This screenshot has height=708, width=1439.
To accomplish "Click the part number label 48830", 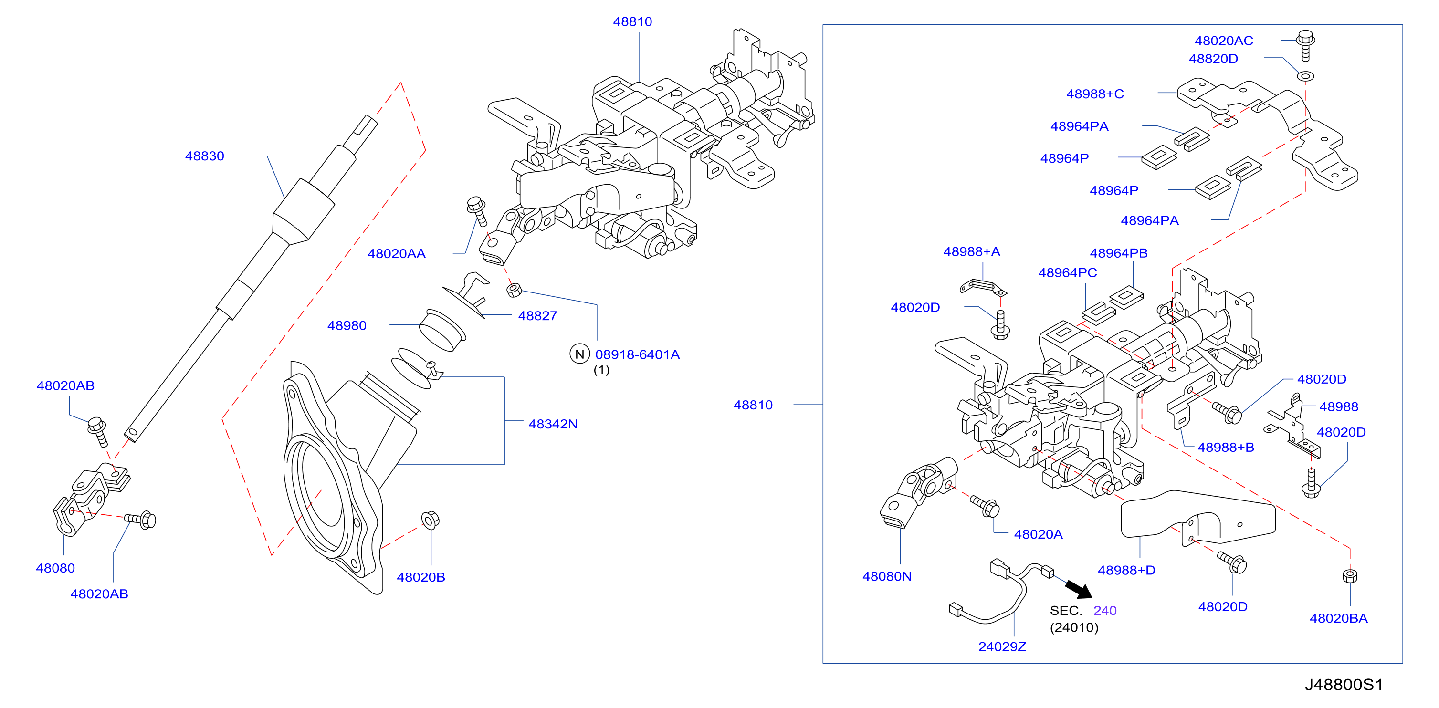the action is click(x=204, y=156).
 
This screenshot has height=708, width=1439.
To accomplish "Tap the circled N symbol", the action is click(x=580, y=354).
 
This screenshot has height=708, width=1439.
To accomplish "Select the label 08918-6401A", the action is click(x=637, y=354).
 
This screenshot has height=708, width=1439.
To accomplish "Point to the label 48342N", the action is click(x=553, y=424).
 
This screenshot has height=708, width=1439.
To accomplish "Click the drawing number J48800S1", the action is click(x=1344, y=685).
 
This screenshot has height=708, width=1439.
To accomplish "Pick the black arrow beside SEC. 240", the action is click(x=1079, y=590).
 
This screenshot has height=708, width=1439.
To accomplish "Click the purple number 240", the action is click(x=1105, y=611).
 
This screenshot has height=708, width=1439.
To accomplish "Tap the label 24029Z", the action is click(x=1002, y=646).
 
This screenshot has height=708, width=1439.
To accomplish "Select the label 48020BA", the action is click(x=1338, y=619).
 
